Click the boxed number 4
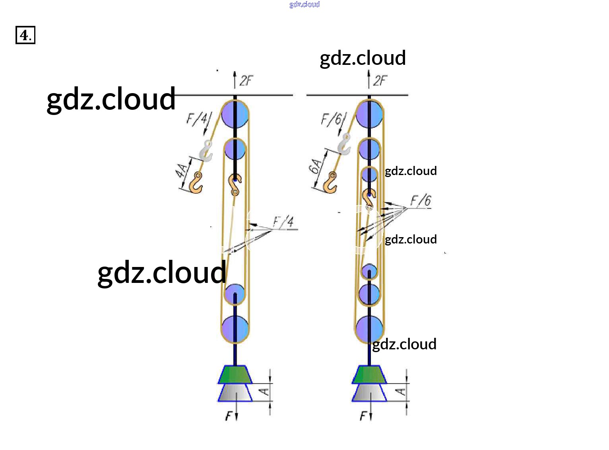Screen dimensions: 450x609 (25, 35)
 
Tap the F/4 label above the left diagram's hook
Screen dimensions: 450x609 (198, 118)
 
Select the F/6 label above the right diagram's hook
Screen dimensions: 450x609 (332, 119)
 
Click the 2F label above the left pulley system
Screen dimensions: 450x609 (246, 81)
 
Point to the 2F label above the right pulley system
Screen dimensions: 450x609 (380, 81)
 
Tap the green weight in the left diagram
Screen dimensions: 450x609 (235, 374)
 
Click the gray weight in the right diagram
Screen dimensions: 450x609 (369, 393)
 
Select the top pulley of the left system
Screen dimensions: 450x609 (235, 114)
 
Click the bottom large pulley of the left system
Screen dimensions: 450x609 (235, 329)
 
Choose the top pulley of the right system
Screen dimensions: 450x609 (369, 114)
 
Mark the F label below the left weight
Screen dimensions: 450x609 (229, 417)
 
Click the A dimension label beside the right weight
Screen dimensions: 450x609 (401, 392)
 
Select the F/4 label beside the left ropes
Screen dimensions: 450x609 (284, 222)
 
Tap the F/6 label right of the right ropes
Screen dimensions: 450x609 (421, 201)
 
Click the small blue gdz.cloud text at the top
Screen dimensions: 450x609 (304, 4)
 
